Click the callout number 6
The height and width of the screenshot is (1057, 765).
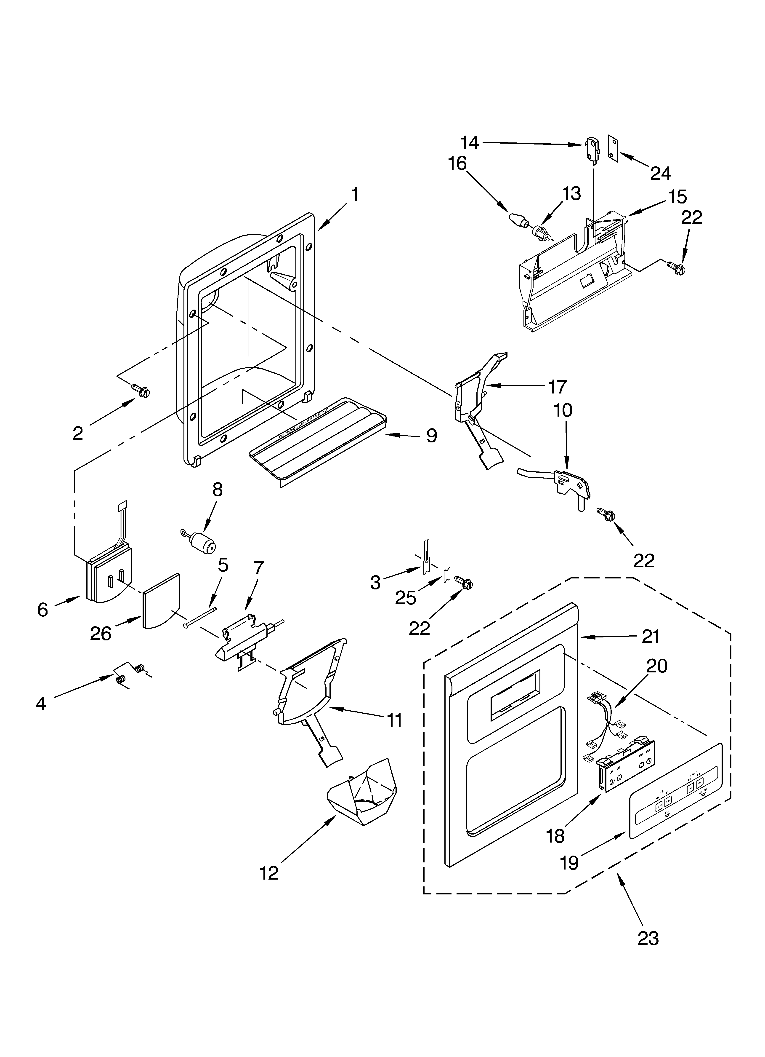[42, 609]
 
